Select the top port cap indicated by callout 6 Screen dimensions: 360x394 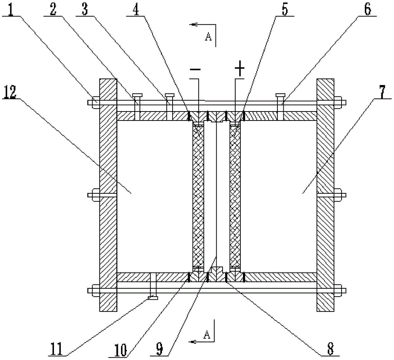[x=281, y=95]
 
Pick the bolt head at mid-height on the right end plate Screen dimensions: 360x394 [x=340, y=194]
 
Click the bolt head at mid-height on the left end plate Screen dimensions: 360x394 [x=95, y=194]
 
